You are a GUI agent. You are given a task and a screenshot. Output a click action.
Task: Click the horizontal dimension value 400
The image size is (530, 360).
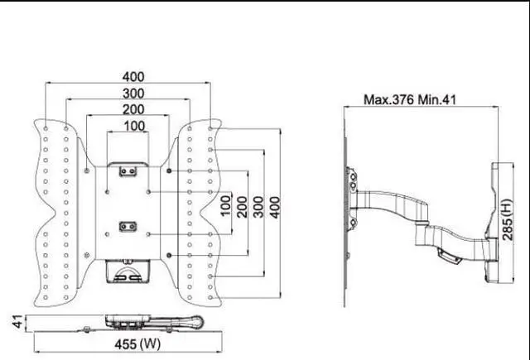click(x=128, y=76)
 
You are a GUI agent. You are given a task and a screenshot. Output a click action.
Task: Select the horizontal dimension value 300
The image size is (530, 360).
click(x=128, y=93)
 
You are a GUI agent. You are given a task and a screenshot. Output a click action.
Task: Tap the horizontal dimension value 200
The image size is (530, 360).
click(x=128, y=109)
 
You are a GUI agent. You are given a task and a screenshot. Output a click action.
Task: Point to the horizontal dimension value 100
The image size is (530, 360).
click(x=128, y=126)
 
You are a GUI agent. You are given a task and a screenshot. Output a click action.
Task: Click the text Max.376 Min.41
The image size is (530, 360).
click(x=411, y=99)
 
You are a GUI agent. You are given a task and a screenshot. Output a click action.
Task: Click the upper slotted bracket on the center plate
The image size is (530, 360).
click(x=128, y=170)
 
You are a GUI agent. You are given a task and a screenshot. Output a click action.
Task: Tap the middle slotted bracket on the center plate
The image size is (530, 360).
click(x=128, y=225)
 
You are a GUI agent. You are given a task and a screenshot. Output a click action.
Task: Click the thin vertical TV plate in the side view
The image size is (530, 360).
click(x=346, y=207)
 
